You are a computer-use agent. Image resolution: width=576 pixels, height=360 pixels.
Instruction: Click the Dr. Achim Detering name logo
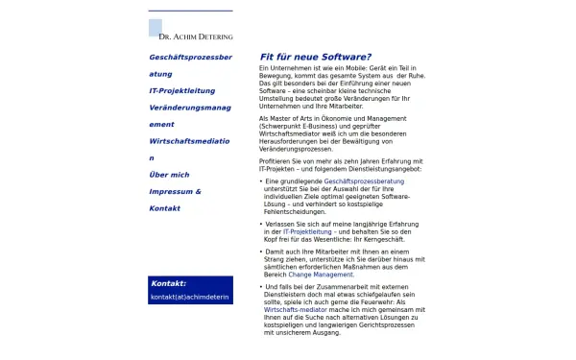pos(196,37)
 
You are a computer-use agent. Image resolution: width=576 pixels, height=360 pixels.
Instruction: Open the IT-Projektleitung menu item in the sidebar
pos(182,90)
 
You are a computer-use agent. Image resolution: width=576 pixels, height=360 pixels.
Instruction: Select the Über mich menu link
pos(170,175)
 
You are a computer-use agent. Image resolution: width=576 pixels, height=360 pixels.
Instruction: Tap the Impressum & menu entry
pos(176,192)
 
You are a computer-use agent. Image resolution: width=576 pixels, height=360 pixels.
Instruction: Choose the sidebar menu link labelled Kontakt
pos(165,208)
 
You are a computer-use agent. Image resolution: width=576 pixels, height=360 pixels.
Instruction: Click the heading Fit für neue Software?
pos(316,57)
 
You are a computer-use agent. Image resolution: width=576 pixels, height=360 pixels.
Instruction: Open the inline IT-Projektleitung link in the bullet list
pos(307,232)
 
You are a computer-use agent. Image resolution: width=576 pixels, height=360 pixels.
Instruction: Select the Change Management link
pos(321,275)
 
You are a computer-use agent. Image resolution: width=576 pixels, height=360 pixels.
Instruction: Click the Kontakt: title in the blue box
pos(169,283)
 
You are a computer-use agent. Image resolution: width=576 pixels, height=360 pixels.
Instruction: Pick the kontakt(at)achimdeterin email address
pos(190,298)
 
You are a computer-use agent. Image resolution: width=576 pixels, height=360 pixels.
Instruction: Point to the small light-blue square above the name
pos(156,26)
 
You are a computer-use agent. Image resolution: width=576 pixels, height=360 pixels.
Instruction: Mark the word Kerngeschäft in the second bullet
pos(388,240)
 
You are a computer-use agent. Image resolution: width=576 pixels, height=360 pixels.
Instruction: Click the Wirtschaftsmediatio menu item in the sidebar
pos(190,141)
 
